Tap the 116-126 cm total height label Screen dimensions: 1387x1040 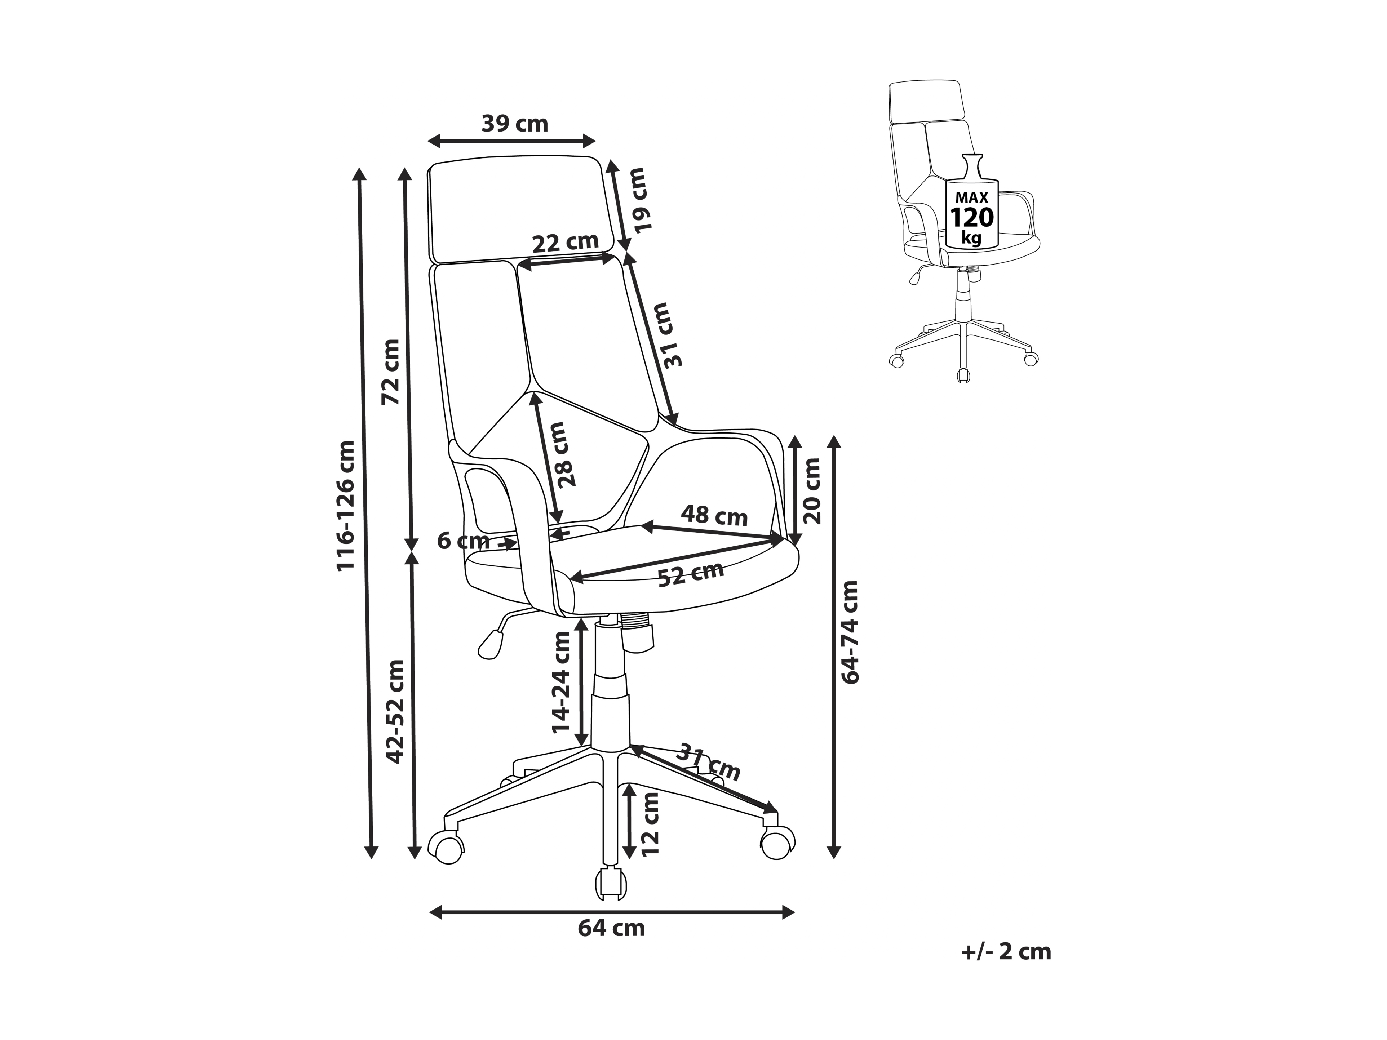(346, 505)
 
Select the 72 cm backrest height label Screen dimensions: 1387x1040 (391, 372)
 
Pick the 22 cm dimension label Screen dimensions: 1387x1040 (566, 242)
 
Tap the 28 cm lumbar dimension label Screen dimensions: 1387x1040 (560, 454)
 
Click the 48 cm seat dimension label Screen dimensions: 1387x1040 (714, 515)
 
